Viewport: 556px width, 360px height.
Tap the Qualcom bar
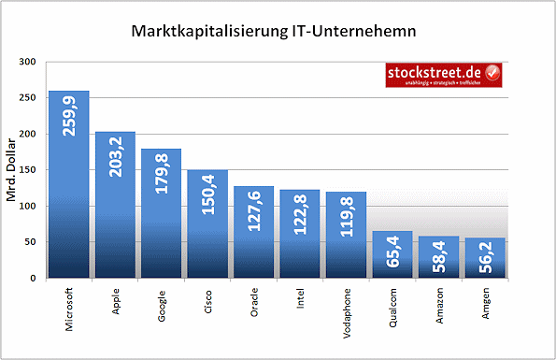[392, 254]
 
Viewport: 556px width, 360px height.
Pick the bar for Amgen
[484, 258]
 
